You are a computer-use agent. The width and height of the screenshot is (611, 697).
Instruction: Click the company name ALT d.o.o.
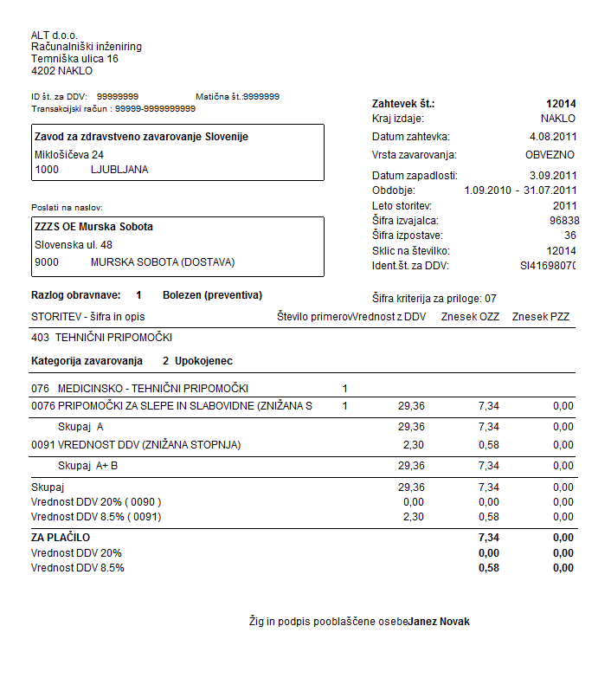(55, 35)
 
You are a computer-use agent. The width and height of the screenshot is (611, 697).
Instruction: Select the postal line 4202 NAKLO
(61, 71)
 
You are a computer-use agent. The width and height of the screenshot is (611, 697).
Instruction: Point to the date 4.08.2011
(552, 137)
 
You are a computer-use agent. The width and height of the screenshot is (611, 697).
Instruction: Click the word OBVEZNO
(550, 155)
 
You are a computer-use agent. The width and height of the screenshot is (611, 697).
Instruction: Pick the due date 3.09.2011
(552, 176)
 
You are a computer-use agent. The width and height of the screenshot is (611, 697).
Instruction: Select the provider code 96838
(563, 221)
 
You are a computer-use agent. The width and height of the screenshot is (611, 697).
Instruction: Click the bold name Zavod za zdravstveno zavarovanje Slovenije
(141, 137)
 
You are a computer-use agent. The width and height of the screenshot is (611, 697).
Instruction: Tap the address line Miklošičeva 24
(70, 154)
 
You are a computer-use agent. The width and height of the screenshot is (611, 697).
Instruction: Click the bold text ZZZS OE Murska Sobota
(93, 227)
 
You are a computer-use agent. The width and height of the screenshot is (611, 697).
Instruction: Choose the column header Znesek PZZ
(542, 317)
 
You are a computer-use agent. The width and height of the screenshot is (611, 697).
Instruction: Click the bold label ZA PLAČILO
(61, 538)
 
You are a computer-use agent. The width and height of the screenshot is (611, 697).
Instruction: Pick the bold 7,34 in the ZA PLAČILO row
(489, 538)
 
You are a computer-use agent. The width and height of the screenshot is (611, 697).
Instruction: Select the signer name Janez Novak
(440, 622)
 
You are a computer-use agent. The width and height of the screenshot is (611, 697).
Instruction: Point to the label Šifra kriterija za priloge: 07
(434, 298)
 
